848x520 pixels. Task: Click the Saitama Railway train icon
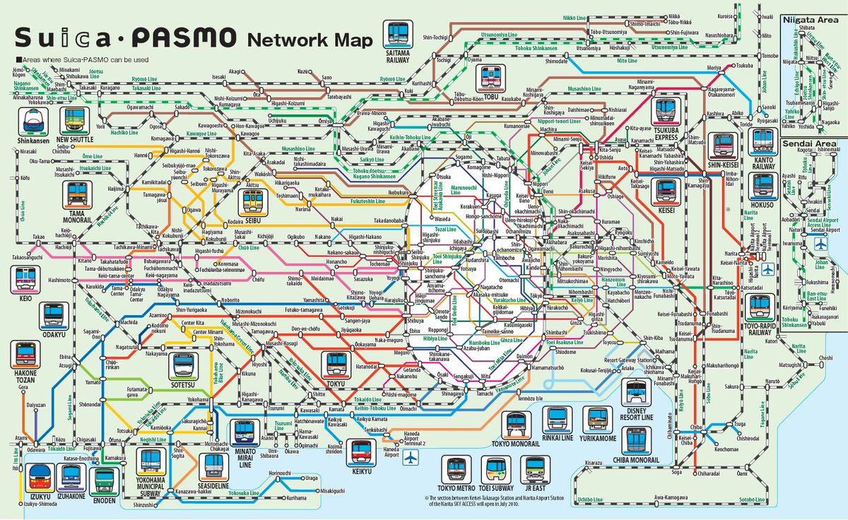tap(398, 34)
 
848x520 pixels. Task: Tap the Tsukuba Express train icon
tap(665, 110)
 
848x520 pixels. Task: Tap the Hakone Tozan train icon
tap(25, 355)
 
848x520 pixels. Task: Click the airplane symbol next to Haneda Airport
tap(411, 459)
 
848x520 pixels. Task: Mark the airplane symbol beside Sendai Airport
tap(821, 244)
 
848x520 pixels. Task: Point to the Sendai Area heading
tap(813, 143)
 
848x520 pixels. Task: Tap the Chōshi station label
tap(825, 358)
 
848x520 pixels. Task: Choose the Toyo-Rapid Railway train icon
tap(760, 306)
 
